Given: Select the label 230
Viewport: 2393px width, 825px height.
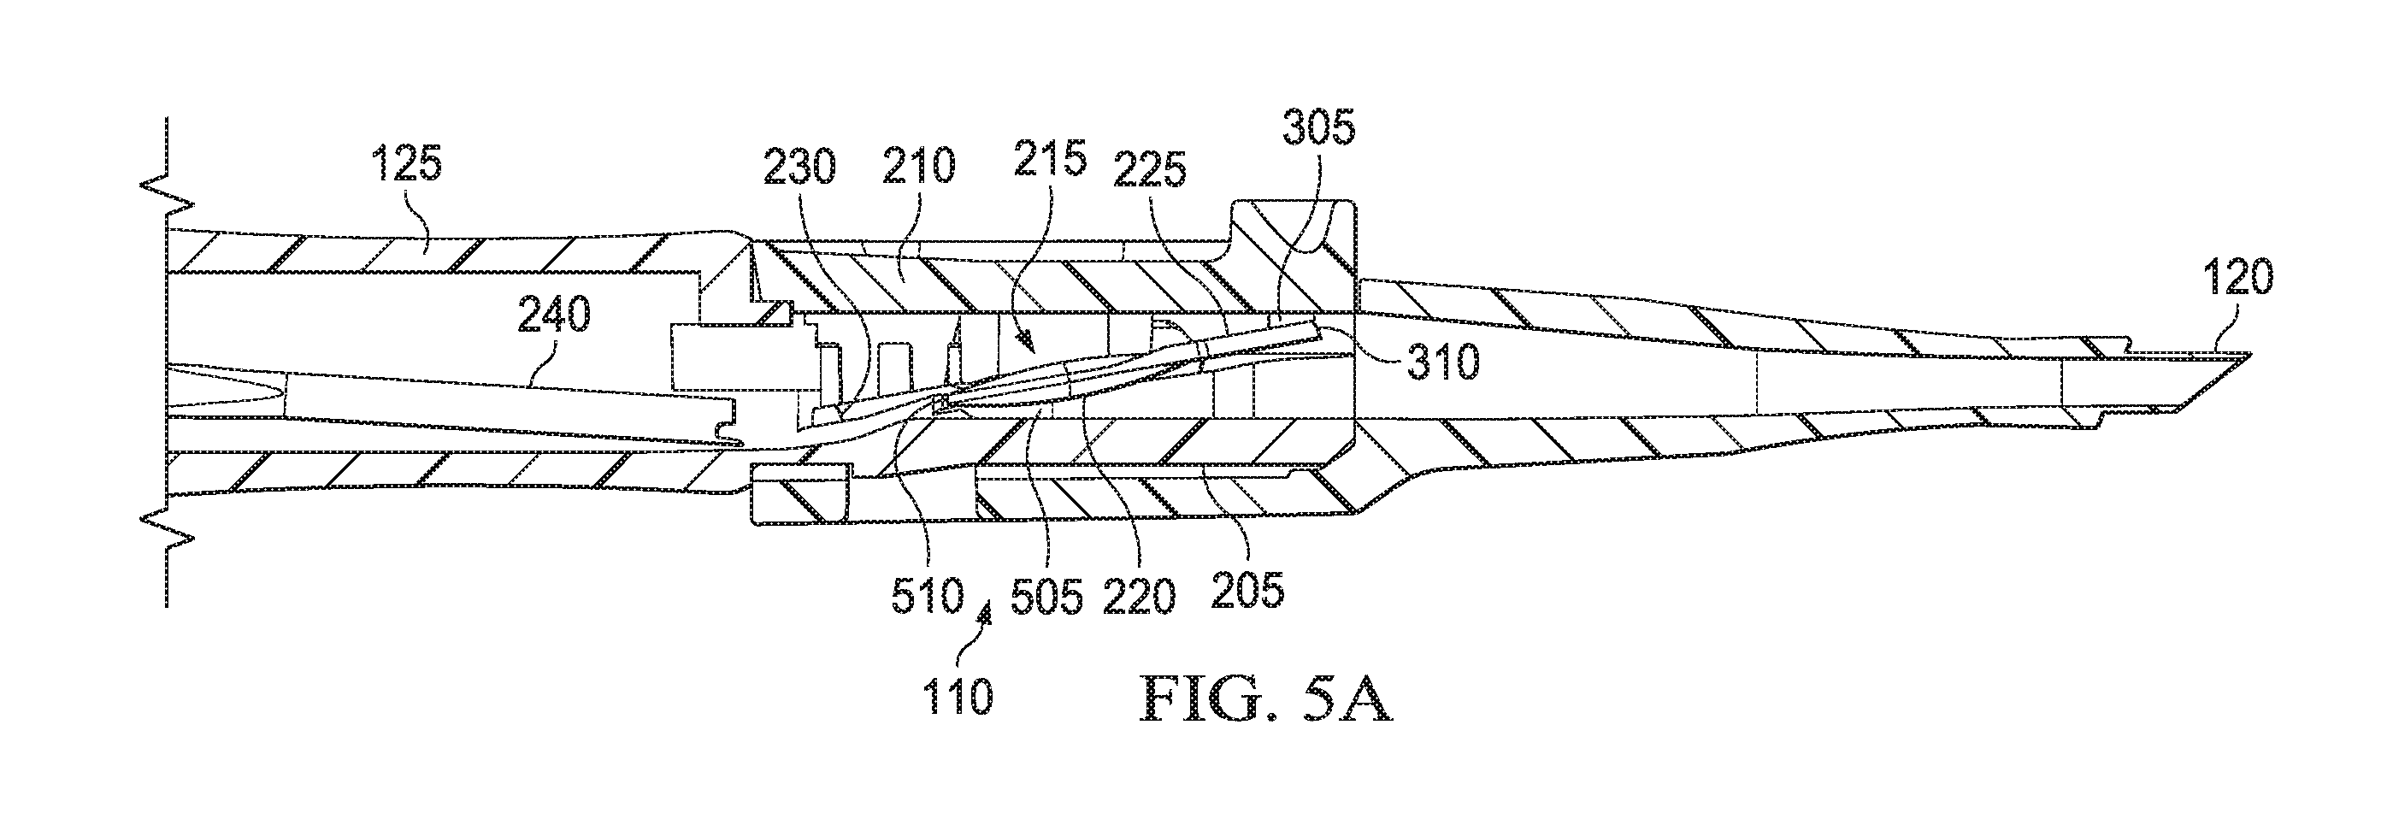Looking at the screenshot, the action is [800, 168].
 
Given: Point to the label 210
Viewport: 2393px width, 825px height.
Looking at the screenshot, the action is [919, 168].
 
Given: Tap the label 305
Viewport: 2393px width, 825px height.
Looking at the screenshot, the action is [1318, 129].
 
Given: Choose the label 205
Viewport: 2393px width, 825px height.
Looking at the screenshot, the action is [1249, 589].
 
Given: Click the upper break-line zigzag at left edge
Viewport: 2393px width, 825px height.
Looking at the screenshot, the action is [168, 197].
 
